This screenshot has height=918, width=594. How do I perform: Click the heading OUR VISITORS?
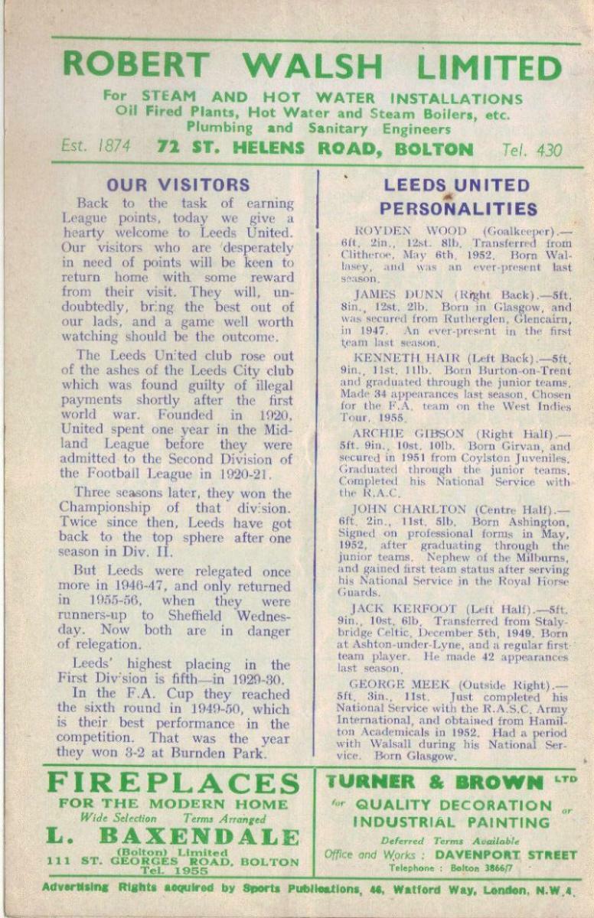(x=178, y=184)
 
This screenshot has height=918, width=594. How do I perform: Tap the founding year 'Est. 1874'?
(x=96, y=148)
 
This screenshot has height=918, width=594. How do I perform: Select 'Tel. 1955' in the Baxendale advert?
(x=173, y=871)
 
